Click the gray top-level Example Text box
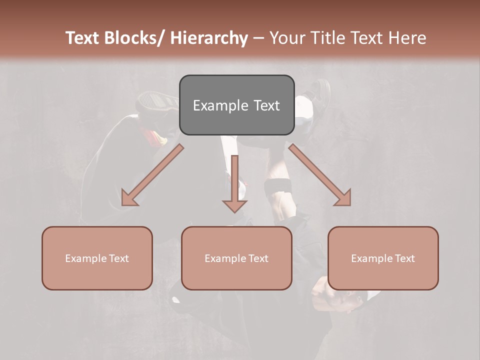click(236, 105)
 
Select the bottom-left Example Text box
click(97, 258)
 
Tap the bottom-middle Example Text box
click(236, 258)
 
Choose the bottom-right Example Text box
click(383, 258)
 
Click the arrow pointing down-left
click(152, 175)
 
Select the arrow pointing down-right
click(320, 175)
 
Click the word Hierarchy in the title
click(209, 38)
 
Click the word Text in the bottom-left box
click(118, 258)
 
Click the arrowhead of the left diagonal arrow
click(128, 198)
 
